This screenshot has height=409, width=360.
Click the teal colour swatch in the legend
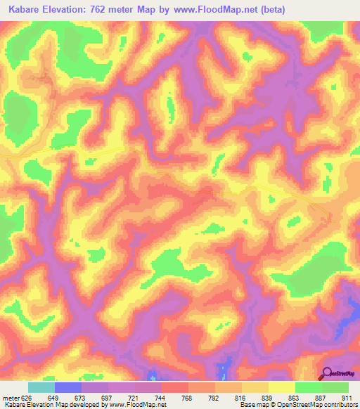point(41,387)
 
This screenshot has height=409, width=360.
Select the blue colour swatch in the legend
point(68,387)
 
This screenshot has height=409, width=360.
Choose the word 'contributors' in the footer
point(338,404)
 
